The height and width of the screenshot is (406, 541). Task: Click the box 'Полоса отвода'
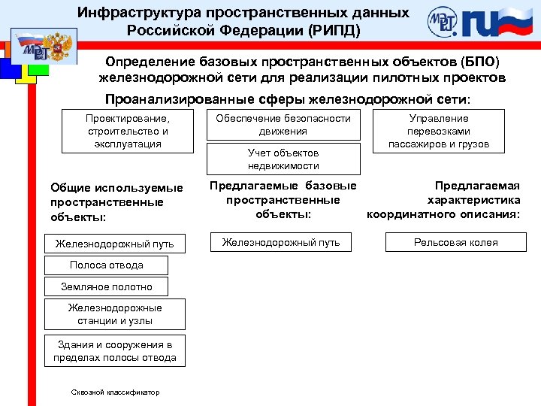(106, 265)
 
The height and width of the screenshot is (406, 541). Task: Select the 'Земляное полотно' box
(106, 286)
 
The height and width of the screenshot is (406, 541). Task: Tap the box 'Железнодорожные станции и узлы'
(114, 314)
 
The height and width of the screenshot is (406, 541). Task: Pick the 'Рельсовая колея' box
(456, 242)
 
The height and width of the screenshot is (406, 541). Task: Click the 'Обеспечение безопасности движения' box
(283, 125)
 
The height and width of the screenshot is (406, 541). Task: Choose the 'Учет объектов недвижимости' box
(283, 159)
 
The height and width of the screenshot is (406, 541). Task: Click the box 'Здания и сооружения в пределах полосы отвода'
(114, 351)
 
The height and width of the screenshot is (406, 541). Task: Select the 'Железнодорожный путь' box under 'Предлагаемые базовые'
(281, 242)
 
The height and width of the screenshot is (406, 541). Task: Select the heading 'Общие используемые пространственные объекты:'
(116, 202)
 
